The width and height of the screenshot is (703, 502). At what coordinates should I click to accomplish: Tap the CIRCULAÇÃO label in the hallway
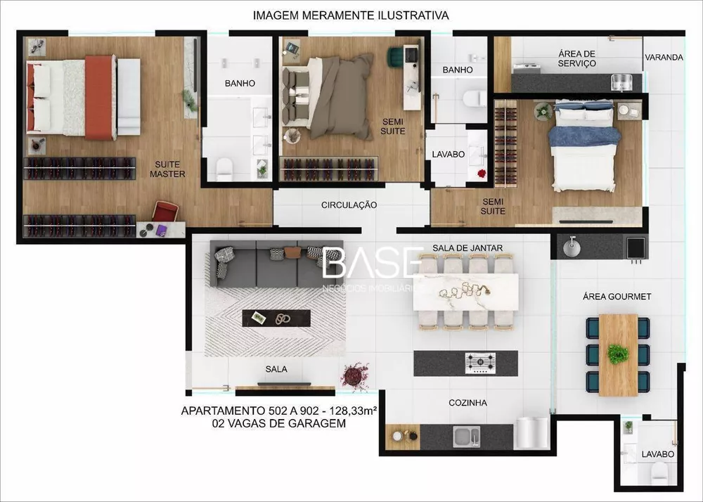coord(349,205)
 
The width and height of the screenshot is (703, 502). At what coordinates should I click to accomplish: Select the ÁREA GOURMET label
coord(617,297)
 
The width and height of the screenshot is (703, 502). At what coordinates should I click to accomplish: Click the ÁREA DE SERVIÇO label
coord(577,58)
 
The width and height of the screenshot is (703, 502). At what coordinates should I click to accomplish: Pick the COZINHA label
coord(467,403)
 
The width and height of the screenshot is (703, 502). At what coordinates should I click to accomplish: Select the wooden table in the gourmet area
coord(618,354)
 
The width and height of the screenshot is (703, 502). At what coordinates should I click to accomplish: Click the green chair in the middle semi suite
coord(396,53)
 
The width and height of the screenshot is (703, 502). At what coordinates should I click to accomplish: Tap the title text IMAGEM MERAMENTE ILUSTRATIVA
coord(351,15)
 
